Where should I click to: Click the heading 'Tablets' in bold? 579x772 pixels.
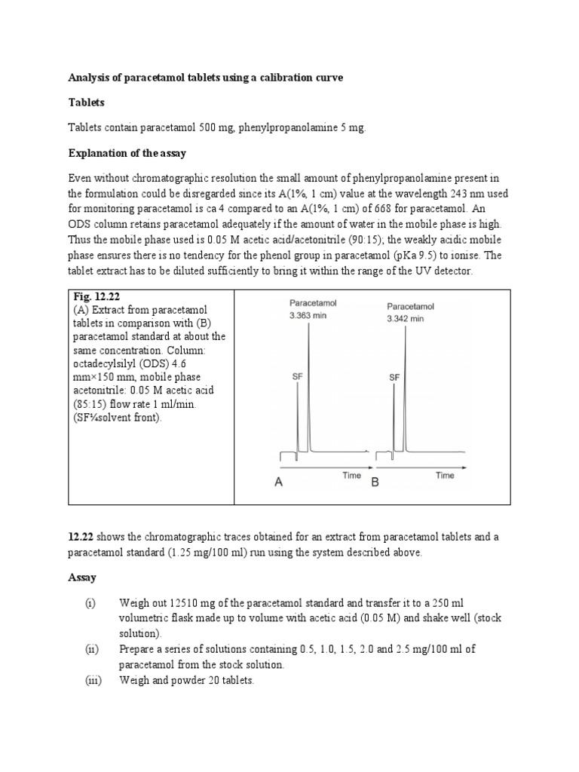(x=87, y=103)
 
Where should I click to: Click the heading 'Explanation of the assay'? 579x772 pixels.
(x=127, y=153)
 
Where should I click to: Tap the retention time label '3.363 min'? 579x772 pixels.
(x=308, y=315)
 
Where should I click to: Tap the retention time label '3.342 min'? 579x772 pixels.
(x=406, y=319)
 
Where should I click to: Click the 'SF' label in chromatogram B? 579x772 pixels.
(x=394, y=377)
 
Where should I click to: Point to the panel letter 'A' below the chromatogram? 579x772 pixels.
(x=278, y=483)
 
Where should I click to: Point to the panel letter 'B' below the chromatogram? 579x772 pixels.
(x=375, y=483)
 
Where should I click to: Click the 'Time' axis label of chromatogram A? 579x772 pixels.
(x=351, y=476)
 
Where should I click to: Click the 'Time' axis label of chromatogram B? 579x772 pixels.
(x=444, y=476)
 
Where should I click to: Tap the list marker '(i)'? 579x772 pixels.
(x=90, y=604)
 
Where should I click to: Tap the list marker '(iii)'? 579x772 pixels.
(x=91, y=679)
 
